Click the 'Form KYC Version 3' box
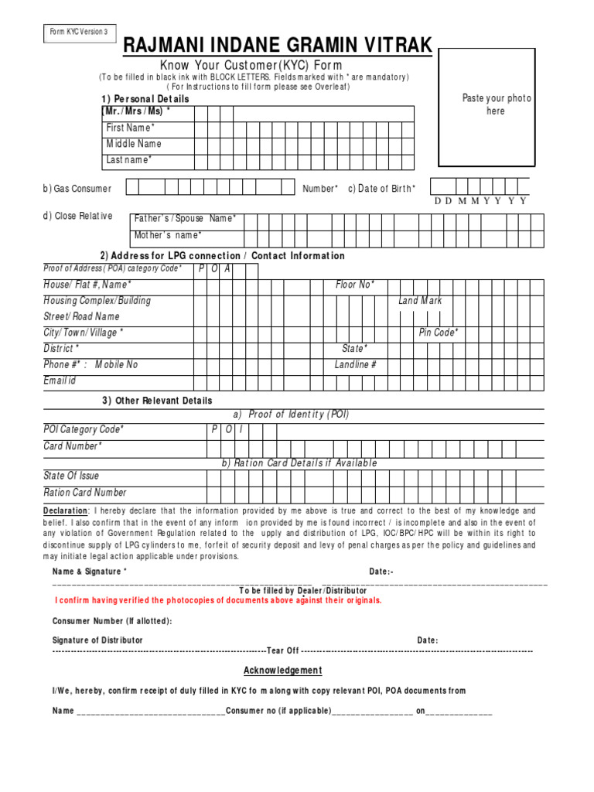coord(80,32)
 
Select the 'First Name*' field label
coord(131,128)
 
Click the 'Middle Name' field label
coord(134,144)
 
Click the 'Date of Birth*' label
coord(387,189)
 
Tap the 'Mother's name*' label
coord(168,235)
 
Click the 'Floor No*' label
coord(355,285)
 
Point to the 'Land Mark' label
coord(420,301)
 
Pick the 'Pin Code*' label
coord(439,333)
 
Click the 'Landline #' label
coord(356,364)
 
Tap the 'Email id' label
coord(60,381)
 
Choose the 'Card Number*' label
coord(72,446)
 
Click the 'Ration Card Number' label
coord(85,493)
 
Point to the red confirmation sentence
coord(218,600)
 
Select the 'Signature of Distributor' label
coord(97,640)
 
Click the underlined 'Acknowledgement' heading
coord(283,671)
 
